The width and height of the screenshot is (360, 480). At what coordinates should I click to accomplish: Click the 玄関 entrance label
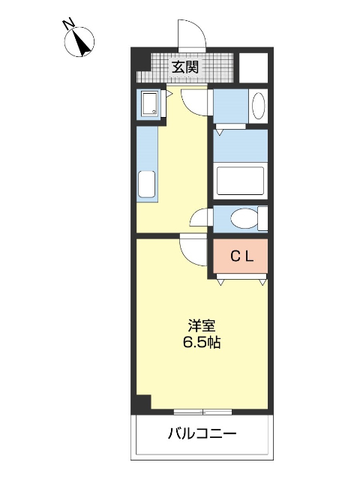click(x=185, y=67)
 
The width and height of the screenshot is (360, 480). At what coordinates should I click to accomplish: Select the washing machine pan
click(x=148, y=104)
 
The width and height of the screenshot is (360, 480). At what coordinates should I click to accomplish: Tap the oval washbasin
click(x=259, y=106)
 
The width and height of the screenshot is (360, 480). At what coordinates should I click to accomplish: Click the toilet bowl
click(x=242, y=219)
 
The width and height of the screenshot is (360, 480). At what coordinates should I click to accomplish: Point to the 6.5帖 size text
click(x=202, y=343)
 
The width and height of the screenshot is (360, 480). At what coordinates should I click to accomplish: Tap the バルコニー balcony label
click(x=202, y=433)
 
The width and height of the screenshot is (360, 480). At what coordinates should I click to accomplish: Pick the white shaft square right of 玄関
click(x=253, y=67)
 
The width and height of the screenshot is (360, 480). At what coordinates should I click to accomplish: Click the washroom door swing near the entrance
click(x=196, y=100)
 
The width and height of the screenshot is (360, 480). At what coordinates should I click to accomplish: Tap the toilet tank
click(x=262, y=219)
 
